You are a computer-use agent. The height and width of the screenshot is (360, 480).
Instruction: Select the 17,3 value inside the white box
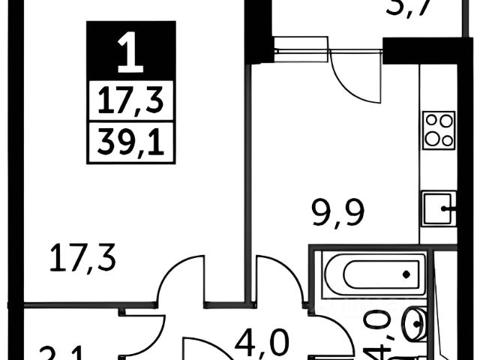[x=131, y=100]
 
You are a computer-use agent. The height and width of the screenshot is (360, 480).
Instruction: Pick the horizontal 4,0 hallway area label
[x=262, y=344]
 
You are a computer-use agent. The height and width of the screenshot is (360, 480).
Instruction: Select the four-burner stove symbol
[x=438, y=130]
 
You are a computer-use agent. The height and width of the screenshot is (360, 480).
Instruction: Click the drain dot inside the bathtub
[x=406, y=275]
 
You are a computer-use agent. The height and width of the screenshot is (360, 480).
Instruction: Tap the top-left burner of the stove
[x=430, y=121]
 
